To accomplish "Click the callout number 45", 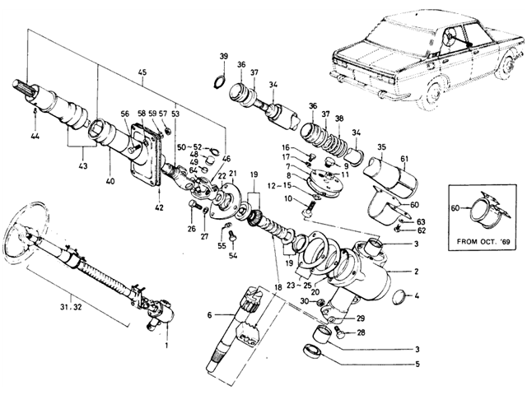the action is (x=142, y=72).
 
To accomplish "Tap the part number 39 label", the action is (x=224, y=56).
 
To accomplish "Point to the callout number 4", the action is (x=417, y=296).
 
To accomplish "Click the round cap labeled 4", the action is (x=399, y=296).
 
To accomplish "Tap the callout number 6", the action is (x=210, y=314).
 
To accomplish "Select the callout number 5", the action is (x=417, y=364).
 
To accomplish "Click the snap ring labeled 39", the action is (x=219, y=82).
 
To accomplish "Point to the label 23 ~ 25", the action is (x=299, y=286).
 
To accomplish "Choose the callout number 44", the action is (x=35, y=137).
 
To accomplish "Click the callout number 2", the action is (x=417, y=272).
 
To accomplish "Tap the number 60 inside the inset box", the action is (x=455, y=208).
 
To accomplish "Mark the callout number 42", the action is (x=159, y=207).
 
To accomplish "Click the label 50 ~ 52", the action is (x=190, y=146).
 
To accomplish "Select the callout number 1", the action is (x=167, y=345).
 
